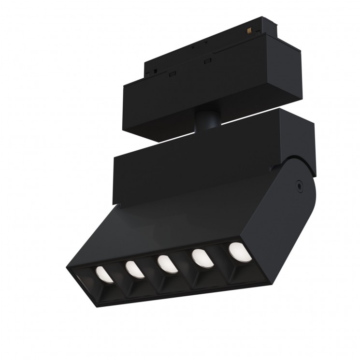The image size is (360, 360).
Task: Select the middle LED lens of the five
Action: point(166,264)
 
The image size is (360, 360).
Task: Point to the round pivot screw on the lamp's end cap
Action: point(300,185)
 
